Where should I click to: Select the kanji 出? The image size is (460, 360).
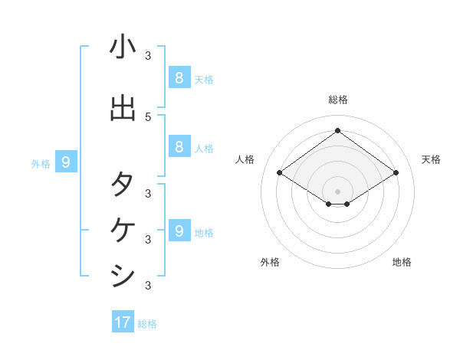123,110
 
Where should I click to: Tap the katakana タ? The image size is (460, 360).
123,185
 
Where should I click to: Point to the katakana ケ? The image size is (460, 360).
123,230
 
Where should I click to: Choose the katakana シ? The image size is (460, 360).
123,275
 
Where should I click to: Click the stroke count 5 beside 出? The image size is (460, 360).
148,116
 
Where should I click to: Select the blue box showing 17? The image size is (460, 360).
123,322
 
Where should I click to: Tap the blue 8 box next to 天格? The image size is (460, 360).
179,77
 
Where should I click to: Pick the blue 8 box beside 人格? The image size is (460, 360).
179,147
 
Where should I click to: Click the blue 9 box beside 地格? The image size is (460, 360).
179,231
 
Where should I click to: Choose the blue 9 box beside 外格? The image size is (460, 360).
66,162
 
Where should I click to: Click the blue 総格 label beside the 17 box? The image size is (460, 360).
147,324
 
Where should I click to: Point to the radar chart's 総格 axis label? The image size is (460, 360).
338,100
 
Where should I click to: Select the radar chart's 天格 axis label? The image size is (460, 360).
432,159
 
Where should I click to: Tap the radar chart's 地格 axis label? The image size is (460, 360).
402,262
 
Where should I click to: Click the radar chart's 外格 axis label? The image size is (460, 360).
270,262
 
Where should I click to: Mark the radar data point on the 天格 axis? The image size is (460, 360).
396,173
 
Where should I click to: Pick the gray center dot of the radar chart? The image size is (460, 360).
338,191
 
